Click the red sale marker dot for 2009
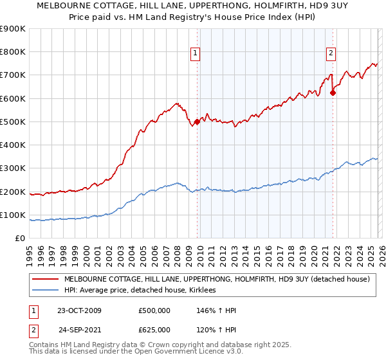(x=197, y=122)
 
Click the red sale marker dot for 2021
(x=333, y=93)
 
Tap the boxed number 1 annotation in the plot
(x=195, y=54)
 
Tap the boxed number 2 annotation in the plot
(x=331, y=54)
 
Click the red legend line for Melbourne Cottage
(x=45, y=280)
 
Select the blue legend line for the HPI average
(x=45, y=291)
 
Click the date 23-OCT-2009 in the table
(x=79, y=310)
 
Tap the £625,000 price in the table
(x=155, y=330)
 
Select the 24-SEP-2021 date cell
(x=79, y=330)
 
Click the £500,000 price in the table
(x=155, y=310)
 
